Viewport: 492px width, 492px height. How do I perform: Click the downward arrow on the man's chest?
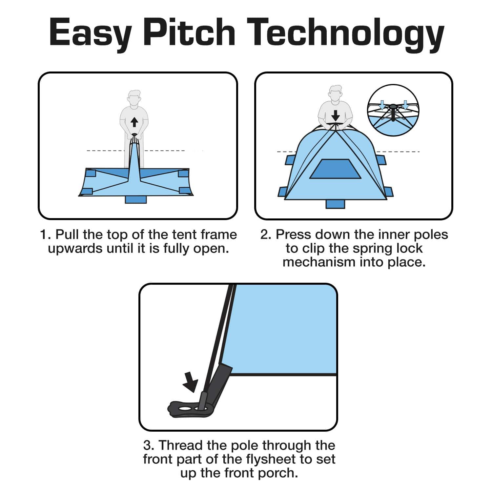coord(336,115)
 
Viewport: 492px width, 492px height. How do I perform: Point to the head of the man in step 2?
coord(335,93)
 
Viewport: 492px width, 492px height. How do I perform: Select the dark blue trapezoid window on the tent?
coord(336,169)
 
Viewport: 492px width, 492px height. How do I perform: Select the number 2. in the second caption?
coord(266,235)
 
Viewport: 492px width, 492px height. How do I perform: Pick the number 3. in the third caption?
coord(149,446)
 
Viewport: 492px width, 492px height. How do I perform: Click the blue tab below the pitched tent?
coord(335,204)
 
